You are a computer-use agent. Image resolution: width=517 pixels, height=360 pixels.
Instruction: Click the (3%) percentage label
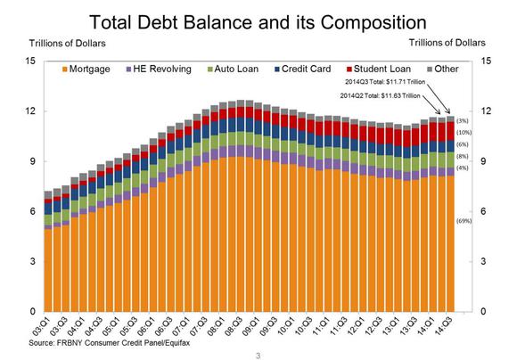pos(462,120)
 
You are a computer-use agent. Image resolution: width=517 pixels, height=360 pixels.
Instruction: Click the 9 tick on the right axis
pos(487,161)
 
